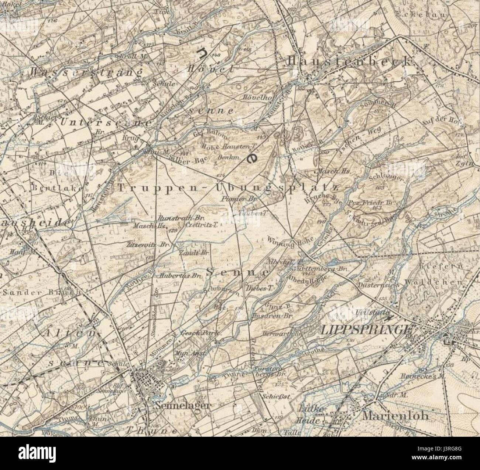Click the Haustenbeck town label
pyautogui.click(x=349, y=61)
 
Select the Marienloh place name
pyautogui.click(x=395, y=416)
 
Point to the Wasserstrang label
pyautogui.click(x=87, y=72)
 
